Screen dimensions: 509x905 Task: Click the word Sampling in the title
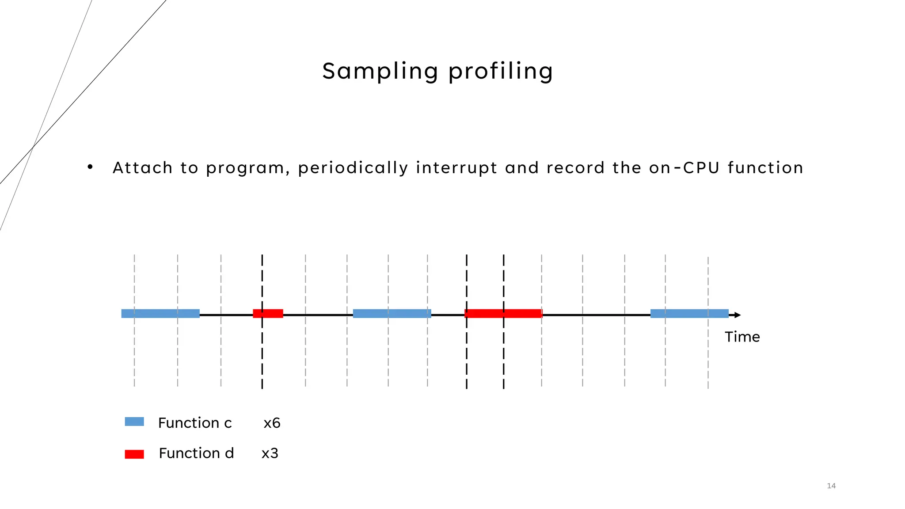click(x=380, y=71)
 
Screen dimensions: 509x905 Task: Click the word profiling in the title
click(x=500, y=71)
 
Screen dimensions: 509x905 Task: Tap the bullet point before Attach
click(x=90, y=167)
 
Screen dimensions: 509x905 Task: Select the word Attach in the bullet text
click(x=142, y=168)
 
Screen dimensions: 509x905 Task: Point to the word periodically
click(x=353, y=168)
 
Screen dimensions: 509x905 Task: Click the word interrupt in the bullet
click(x=456, y=168)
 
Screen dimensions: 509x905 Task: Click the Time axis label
click(x=742, y=337)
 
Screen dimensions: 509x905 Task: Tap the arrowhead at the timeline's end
click(x=737, y=315)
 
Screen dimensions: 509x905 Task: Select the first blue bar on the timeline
click(x=160, y=314)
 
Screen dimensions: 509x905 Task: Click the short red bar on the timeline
click(x=268, y=314)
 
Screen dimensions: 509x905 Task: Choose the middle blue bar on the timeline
click(x=392, y=314)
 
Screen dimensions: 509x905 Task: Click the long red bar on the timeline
click(x=503, y=314)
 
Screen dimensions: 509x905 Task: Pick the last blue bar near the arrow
click(x=689, y=314)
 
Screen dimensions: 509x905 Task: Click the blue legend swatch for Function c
click(x=134, y=422)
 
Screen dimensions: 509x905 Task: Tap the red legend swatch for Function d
click(x=134, y=454)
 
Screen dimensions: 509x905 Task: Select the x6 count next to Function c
click(x=272, y=423)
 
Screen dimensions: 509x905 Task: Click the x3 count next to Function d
click(x=270, y=454)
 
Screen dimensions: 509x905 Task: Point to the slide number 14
click(x=831, y=486)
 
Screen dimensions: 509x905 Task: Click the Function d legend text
click(x=196, y=453)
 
